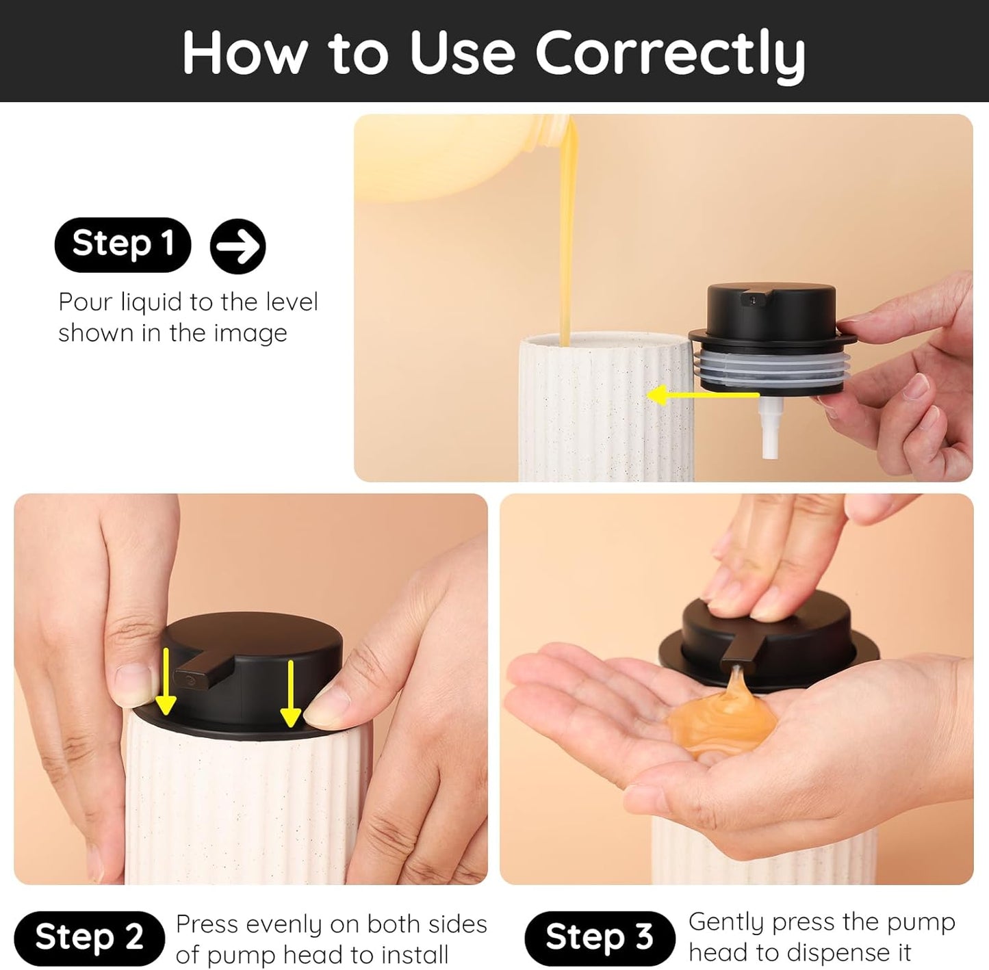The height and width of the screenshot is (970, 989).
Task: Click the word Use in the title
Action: (x=462, y=53)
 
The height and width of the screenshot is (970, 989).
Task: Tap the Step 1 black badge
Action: (x=123, y=244)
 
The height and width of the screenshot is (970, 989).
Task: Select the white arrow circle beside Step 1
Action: (x=237, y=246)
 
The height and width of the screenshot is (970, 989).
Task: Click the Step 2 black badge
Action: (x=89, y=937)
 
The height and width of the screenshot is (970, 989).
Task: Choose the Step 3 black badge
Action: (x=600, y=937)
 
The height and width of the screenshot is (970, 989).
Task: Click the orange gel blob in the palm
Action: (x=715, y=729)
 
